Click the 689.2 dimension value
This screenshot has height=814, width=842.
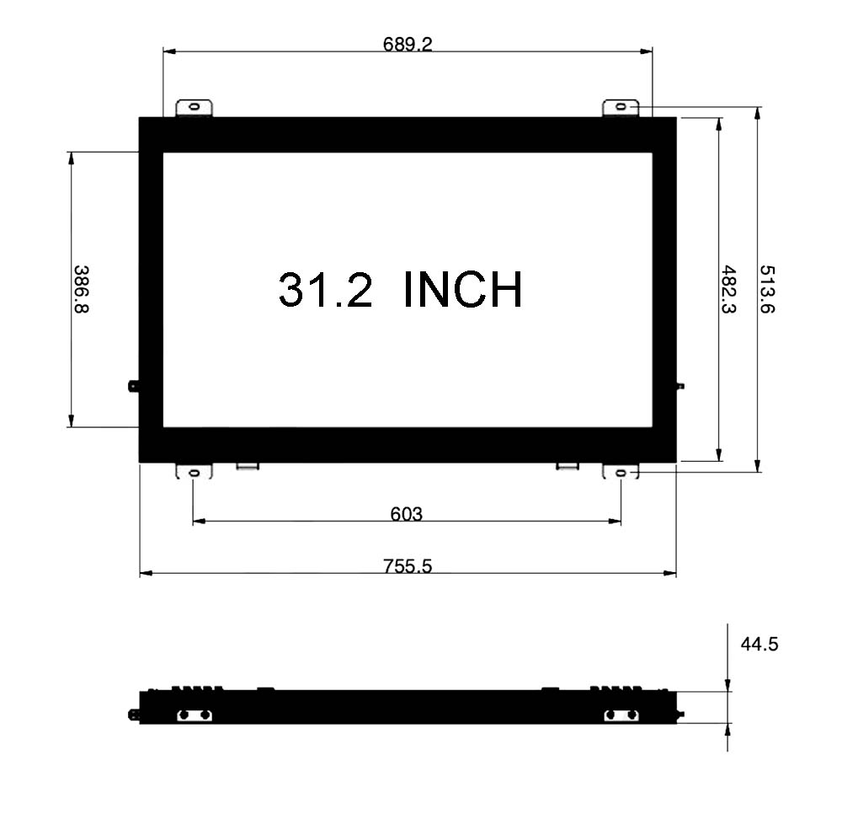[x=408, y=44]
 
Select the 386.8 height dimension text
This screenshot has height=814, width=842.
[x=81, y=289]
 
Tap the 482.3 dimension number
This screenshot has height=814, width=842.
[x=728, y=289]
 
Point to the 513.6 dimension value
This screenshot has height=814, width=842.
[x=767, y=289]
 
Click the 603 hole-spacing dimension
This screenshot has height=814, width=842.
[x=407, y=514]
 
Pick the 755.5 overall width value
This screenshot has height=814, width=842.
[x=408, y=565]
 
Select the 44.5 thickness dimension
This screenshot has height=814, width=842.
[x=759, y=644]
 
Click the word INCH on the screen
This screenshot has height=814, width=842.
[x=462, y=289]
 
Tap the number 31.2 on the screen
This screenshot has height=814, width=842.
[x=325, y=289]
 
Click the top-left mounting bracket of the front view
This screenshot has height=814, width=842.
[x=195, y=108]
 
